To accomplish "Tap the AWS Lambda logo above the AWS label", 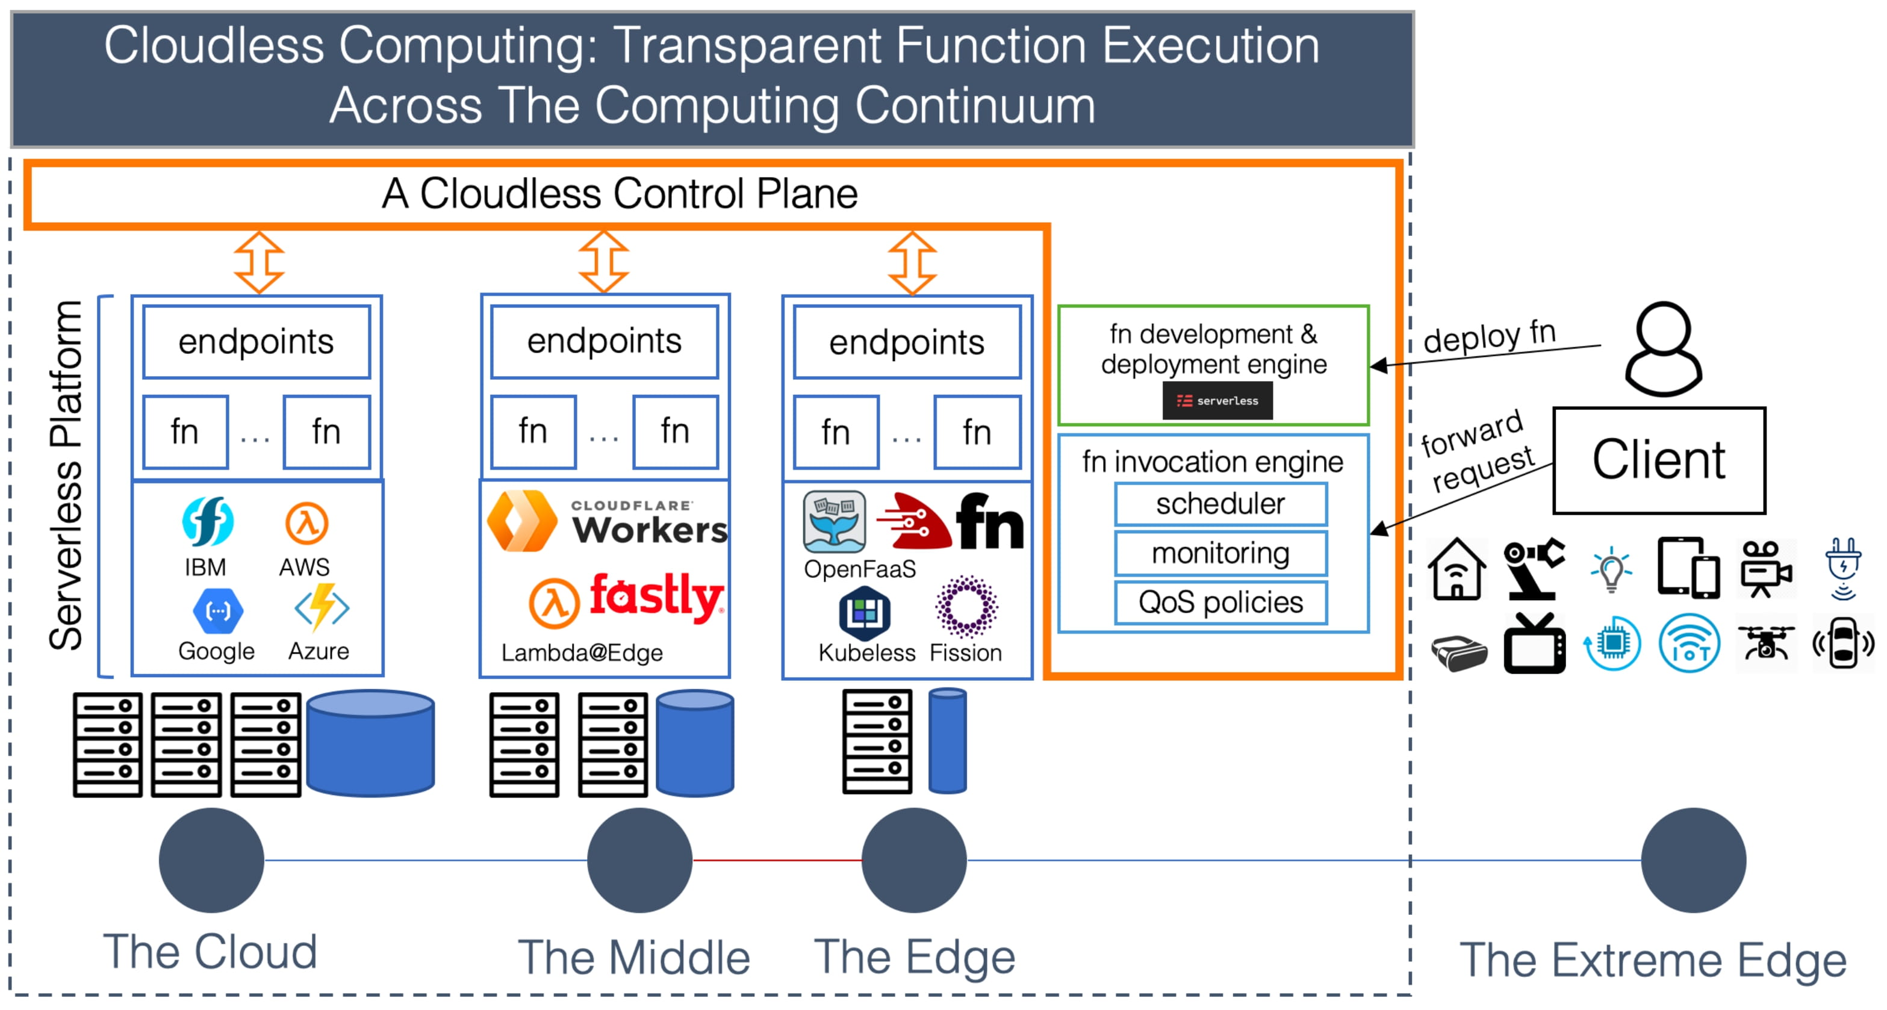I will click(306, 523).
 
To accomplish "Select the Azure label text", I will click(318, 651).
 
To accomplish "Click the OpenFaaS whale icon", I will click(834, 521).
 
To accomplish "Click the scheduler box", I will click(1220, 504).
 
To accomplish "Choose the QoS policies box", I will click(1220, 603).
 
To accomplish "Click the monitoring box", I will click(1220, 553).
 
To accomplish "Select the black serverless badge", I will click(1217, 401).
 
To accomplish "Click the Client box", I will click(1659, 460).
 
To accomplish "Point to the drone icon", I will click(1765, 643).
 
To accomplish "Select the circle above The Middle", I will click(639, 860).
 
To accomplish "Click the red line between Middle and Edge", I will click(777, 860).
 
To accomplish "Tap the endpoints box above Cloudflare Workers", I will click(605, 341).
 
